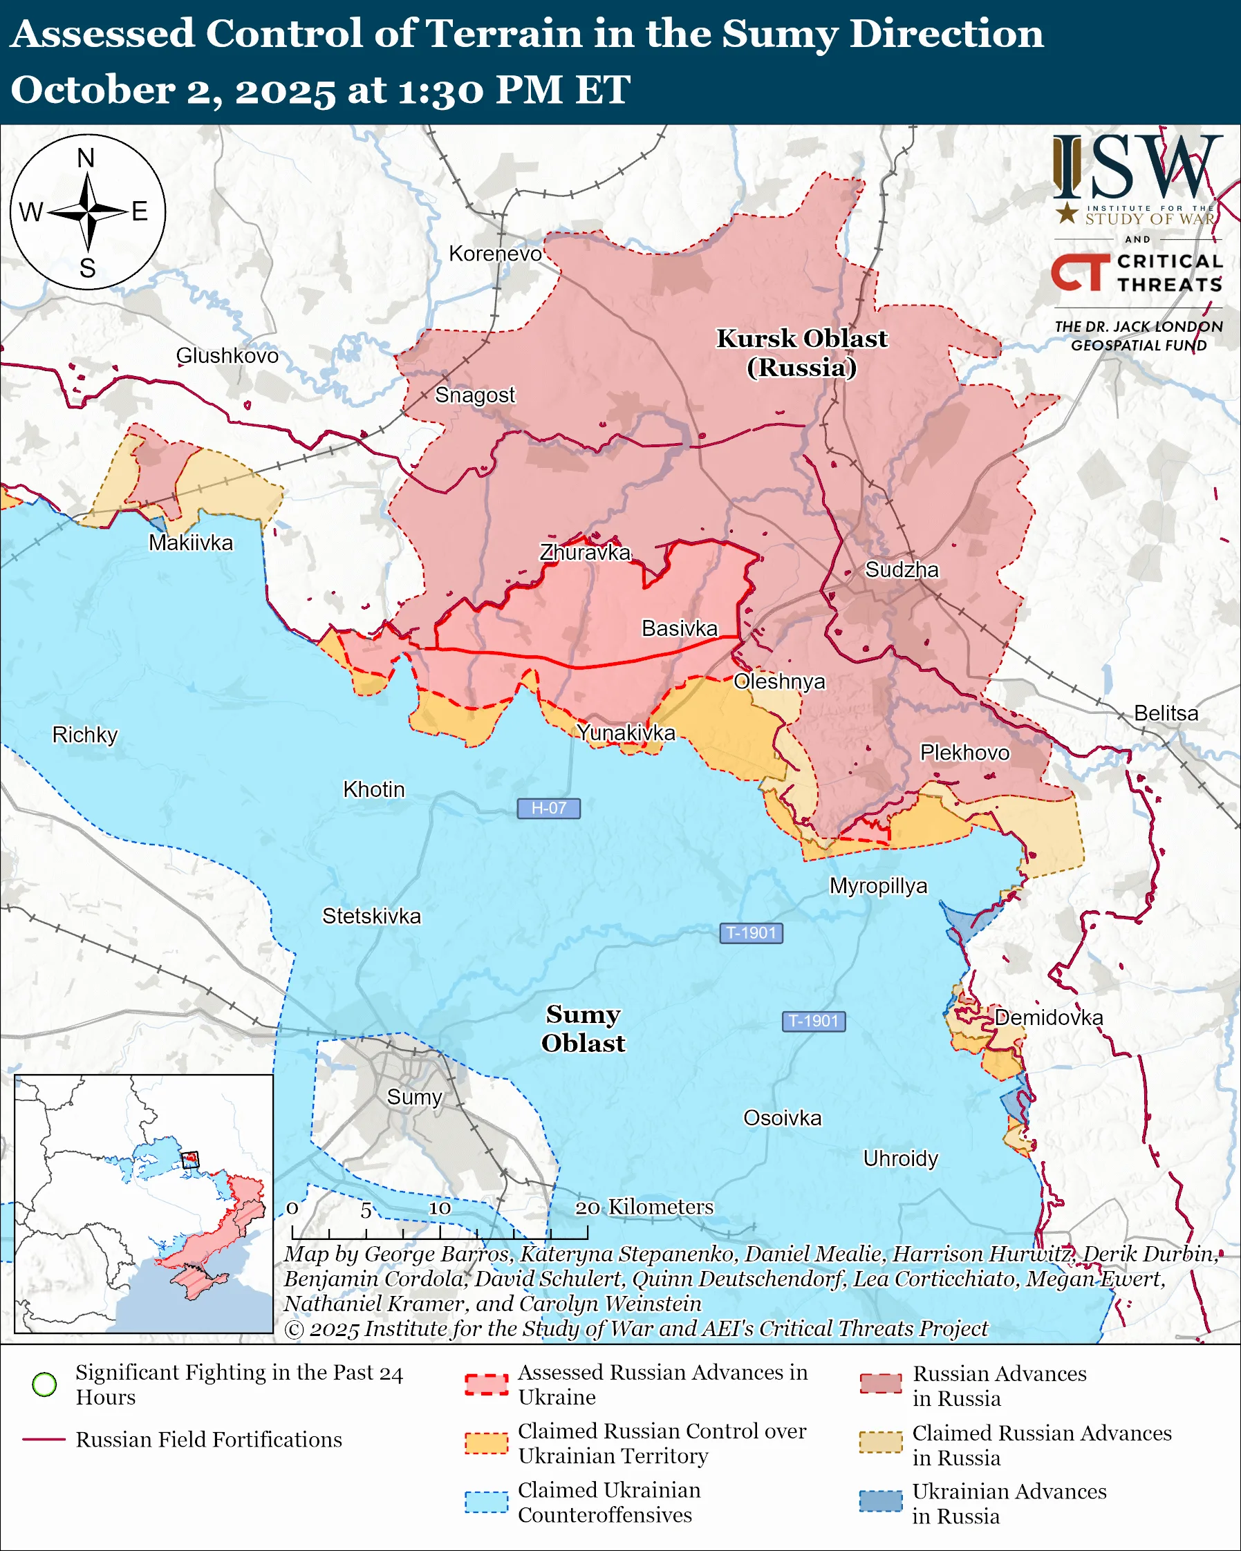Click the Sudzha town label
pos(902,570)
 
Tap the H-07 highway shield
pos(548,808)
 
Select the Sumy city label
pos(414,1097)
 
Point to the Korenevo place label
pos(495,254)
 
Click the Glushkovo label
pos(227,355)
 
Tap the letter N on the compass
pos(86,158)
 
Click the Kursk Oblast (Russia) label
pos(801,352)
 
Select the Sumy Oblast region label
pos(583,1028)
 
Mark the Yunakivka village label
pos(626,733)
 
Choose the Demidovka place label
pos(1048,1017)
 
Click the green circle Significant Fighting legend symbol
pos(45,1384)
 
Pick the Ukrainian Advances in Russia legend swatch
pos(881,1501)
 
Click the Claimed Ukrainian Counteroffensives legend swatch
pos(486,1502)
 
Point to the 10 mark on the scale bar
pos(440,1208)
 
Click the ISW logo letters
pos(1137,167)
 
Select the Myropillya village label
pos(879,885)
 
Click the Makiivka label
pos(191,543)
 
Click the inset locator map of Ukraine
pos(144,1203)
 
